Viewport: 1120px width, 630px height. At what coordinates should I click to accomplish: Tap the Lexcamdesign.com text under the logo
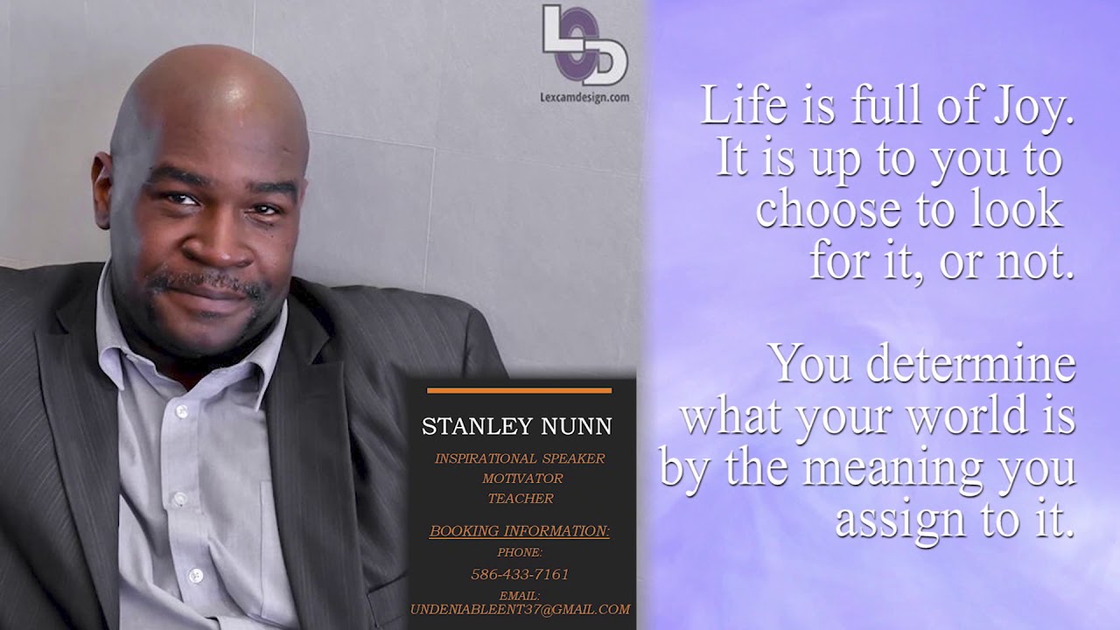click(x=584, y=97)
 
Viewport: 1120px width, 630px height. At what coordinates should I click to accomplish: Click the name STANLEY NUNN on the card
click(x=517, y=426)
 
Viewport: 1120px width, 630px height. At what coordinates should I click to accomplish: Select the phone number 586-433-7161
click(x=520, y=574)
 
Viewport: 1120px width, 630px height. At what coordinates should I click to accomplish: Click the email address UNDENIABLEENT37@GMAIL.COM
click(x=520, y=609)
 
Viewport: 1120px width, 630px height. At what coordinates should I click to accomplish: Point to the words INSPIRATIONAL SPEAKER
click(x=520, y=458)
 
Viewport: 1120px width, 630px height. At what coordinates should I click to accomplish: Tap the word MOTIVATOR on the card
click(x=522, y=479)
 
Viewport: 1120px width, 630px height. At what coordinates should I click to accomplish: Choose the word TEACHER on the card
click(x=521, y=499)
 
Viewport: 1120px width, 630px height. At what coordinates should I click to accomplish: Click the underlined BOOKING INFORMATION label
click(x=520, y=531)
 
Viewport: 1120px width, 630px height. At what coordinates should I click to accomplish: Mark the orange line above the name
click(x=520, y=390)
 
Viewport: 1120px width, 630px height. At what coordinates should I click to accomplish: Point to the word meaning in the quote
click(x=894, y=468)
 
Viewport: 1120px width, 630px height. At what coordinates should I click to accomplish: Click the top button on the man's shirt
click(x=181, y=410)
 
